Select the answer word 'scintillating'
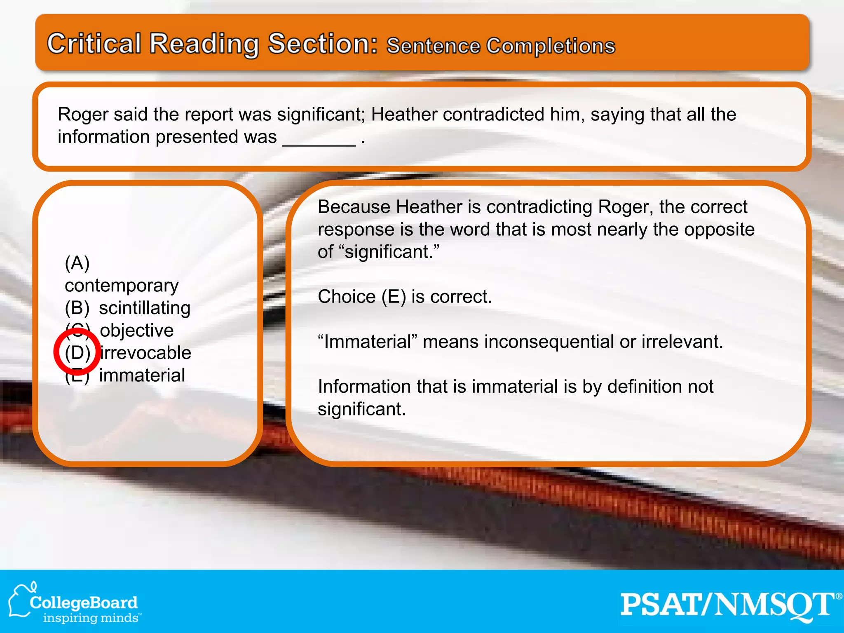click(x=145, y=308)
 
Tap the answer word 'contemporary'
click(x=122, y=286)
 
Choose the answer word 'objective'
click(x=137, y=331)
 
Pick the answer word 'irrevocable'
click(x=145, y=353)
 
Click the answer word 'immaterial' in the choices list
click(x=142, y=375)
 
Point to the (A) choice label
click(x=77, y=263)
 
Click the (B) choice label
click(x=77, y=308)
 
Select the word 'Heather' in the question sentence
click(x=404, y=115)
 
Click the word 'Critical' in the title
click(x=94, y=44)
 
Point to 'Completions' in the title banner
click(x=551, y=46)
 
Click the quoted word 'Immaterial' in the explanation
click(x=368, y=342)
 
